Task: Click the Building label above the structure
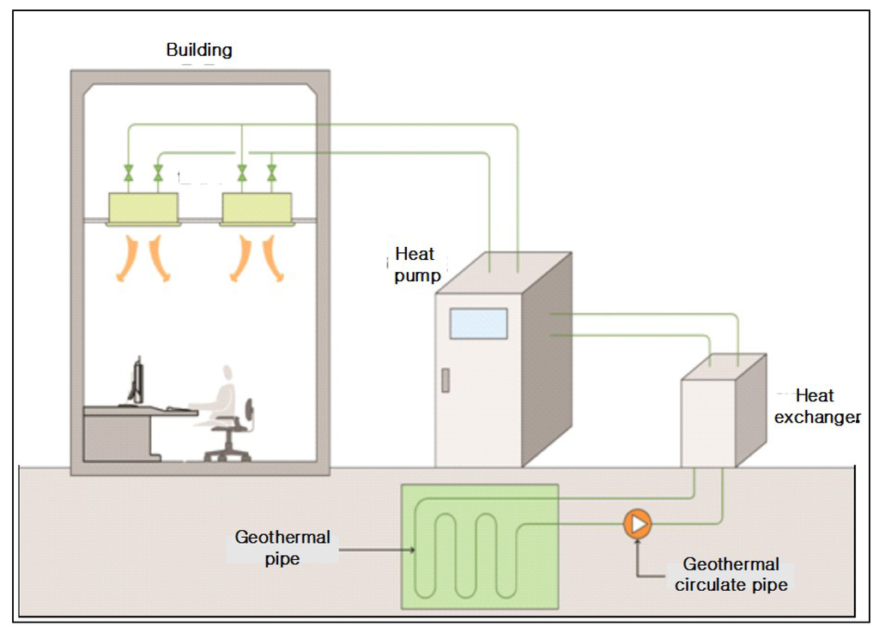pyautogui.click(x=199, y=51)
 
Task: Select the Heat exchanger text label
pyautogui.click(x=817, y=406)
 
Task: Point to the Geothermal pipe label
pyautogui.click(x=282, y=547)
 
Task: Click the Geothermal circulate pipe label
pyautogui.click(x=731, y=574)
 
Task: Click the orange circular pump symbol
pyautogui.click(x=638, y=524)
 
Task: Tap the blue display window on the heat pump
pyautogui.click(x=478, y=323)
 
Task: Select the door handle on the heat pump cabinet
pyautogui.click(x=446, y=381)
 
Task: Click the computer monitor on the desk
pyautogui.click(x=136, y=381)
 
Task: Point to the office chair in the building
pyautogui.click(x=231, y=434)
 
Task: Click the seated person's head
pyautogui.click(x=227, y=374)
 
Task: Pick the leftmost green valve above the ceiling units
pyautogui.click(x=129, y=172)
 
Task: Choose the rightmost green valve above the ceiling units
pyautogui.click(x=272, y=172)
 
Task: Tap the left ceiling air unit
pyautogui.click(x=143, y=208)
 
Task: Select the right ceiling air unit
pyautogui.click(x=258, y=208)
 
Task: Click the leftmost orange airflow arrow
pyautogui.click(x=128, y=258)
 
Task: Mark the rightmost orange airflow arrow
pyautogui.click(x=274, y=258)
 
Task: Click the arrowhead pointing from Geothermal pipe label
pyautogui.click(x=412, y=551)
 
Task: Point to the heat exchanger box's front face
pyautogui.click(x=708, y=424)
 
